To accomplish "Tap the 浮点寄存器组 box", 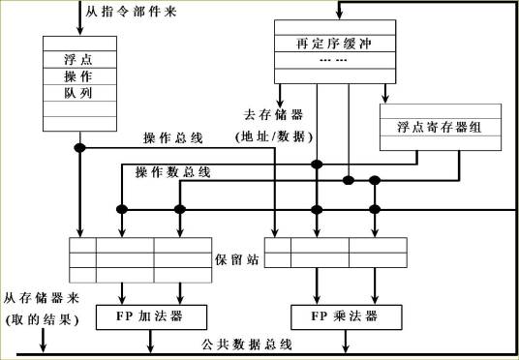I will (441, 127).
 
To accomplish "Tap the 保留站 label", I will (237, 261).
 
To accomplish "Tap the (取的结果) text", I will (42, 319).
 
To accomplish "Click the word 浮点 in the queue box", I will (78, 58).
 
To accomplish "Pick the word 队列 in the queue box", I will (78, 93).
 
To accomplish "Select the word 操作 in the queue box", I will (78, 75).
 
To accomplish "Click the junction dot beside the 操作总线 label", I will (82, 148).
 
